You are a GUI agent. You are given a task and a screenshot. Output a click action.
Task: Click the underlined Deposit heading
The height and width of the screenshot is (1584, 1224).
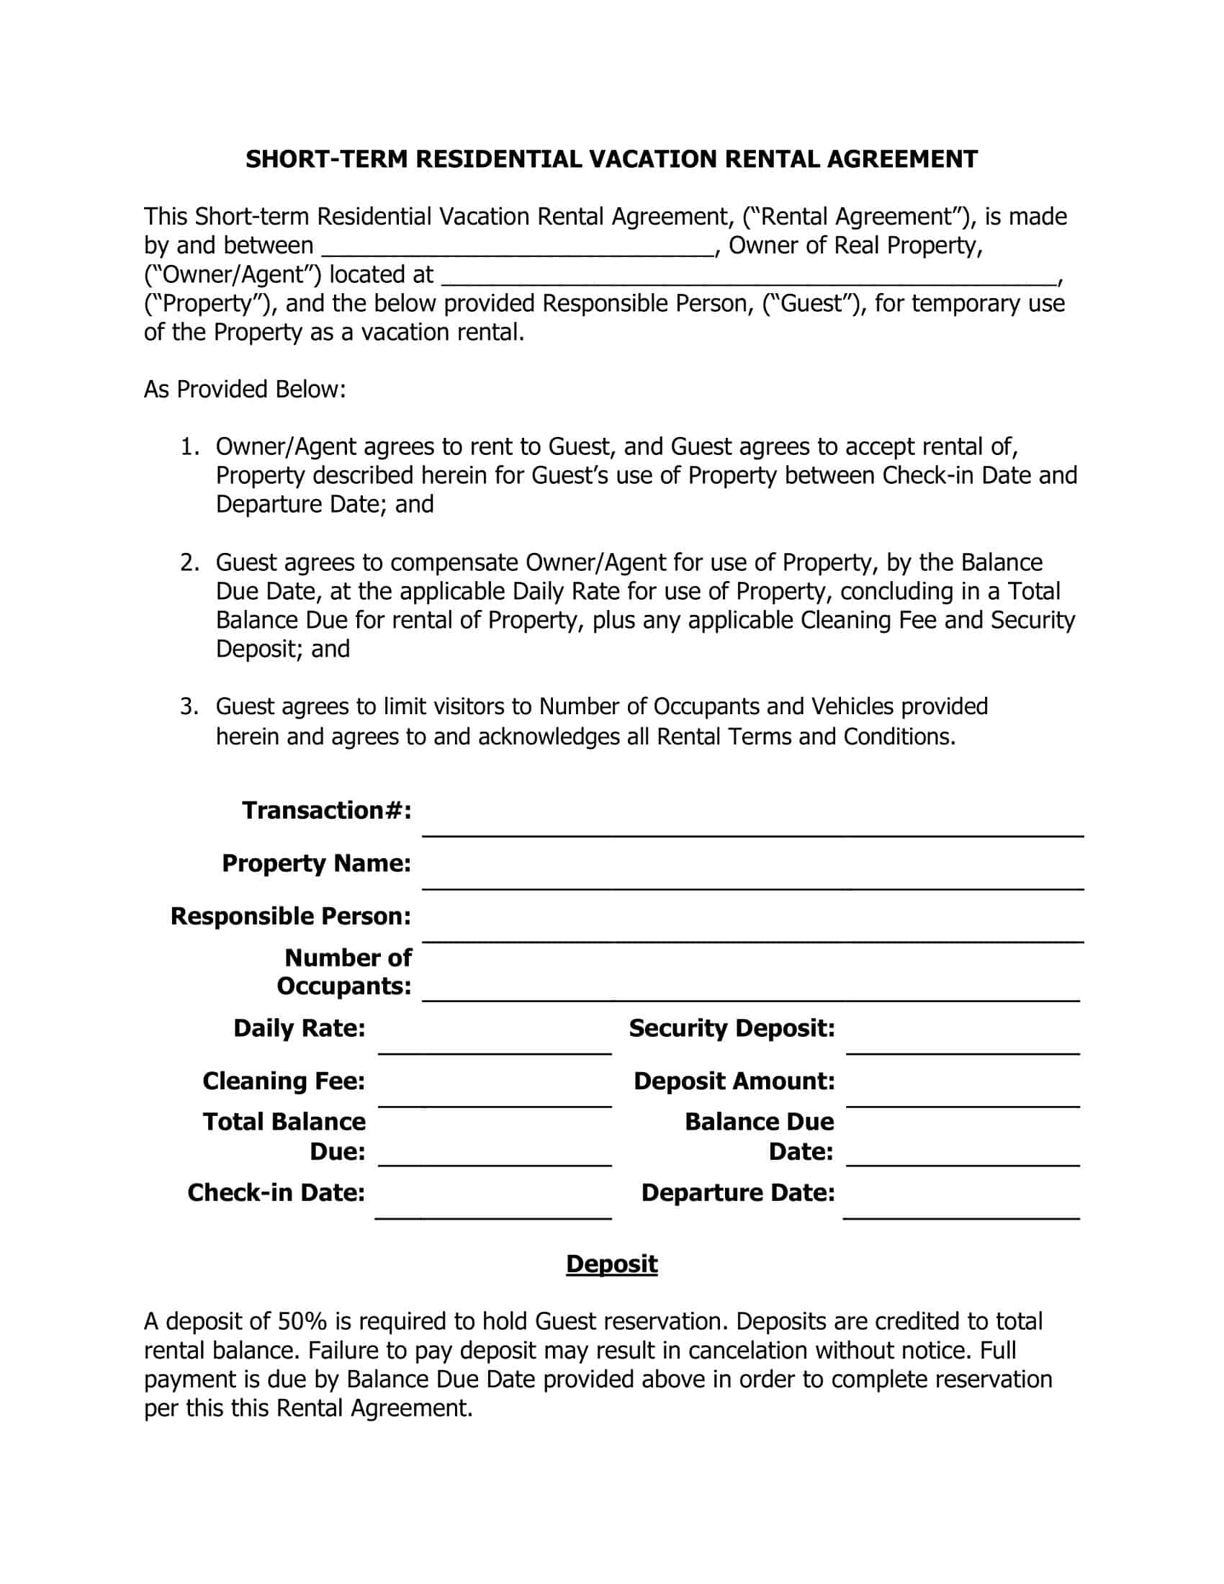pos(611,1264)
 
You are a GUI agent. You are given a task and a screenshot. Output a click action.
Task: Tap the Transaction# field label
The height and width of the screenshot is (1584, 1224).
pos(326,810)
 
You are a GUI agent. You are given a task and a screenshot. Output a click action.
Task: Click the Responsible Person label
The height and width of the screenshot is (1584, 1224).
pos(290,916)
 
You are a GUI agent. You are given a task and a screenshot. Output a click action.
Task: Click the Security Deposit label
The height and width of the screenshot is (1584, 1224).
pos(732,1027)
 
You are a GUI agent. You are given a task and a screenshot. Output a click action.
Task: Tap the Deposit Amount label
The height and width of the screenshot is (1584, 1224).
pos(734,1081)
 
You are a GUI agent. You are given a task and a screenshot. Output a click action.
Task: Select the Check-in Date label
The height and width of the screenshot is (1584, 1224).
pos(276,1192)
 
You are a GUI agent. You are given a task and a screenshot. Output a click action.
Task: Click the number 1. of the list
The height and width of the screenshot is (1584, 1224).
pos(189,447)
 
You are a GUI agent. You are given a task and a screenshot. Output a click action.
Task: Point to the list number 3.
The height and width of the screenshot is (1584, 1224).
pos(189,706)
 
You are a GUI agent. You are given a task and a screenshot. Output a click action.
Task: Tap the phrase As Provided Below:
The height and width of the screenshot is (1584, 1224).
pos(244,390)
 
